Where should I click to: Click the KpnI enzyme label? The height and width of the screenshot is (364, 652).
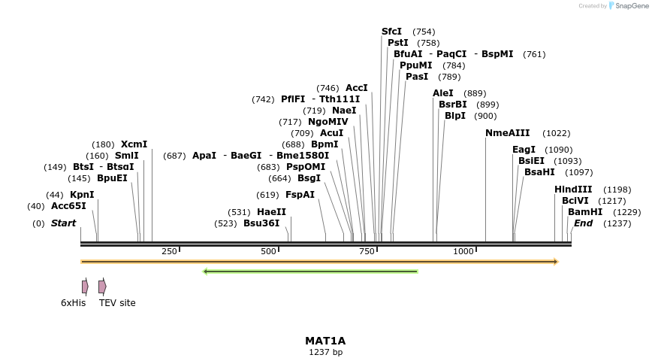point(82,195)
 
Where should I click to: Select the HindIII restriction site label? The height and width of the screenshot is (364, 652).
point(573,190)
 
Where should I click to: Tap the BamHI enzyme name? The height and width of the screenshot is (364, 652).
point(585,212)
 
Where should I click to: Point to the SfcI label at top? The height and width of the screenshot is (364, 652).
point(391,32)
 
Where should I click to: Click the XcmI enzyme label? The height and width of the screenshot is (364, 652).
point(134,144)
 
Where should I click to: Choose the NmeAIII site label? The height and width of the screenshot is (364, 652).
point(507,133)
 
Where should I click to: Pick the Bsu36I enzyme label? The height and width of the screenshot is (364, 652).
point(261,223)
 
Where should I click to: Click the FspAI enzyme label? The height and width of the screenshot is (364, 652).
point(300,195)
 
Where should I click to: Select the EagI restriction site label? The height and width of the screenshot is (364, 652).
point(524,150)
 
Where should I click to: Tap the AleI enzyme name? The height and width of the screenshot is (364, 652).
point(443,93)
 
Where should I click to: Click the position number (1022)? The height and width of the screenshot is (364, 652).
point(556,133)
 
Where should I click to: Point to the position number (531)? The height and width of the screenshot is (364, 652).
point(239,212)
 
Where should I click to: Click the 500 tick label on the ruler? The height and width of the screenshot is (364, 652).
point(268,251)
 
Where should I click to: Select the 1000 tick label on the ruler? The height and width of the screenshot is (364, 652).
point(463,251)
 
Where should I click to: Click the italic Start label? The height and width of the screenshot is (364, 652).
point(63,223)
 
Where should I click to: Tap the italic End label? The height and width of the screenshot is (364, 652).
point(583,223)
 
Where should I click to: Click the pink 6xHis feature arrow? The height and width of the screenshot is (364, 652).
point(85,287)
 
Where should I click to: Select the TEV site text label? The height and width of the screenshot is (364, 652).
point(117,303)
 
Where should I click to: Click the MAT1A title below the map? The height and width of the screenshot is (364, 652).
point(325,341)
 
